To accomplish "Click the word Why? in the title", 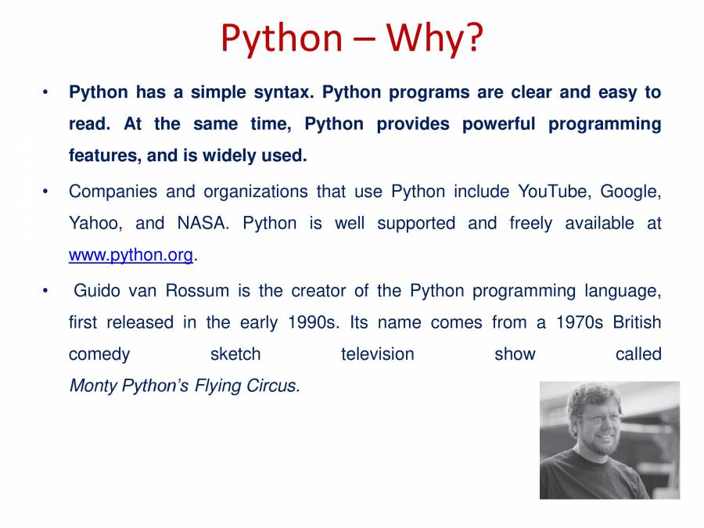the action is (x=434, y=39).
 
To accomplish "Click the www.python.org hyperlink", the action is (x=131, y=255).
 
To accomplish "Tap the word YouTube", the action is (x=553, y=192).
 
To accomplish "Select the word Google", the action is (x=630, y=192).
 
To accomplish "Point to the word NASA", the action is (x=203, y=223).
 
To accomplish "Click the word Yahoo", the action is (x=95, y=224).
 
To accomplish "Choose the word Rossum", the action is (x=197, y=290).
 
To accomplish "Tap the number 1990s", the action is (x=314, y=322).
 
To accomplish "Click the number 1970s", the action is (x=579, y=322).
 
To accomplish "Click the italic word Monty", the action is (x=93, y=386).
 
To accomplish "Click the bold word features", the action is (x=105, y=156).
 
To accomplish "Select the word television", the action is (x=378, y=354).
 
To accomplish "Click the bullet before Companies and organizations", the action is (x=45, y=192).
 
